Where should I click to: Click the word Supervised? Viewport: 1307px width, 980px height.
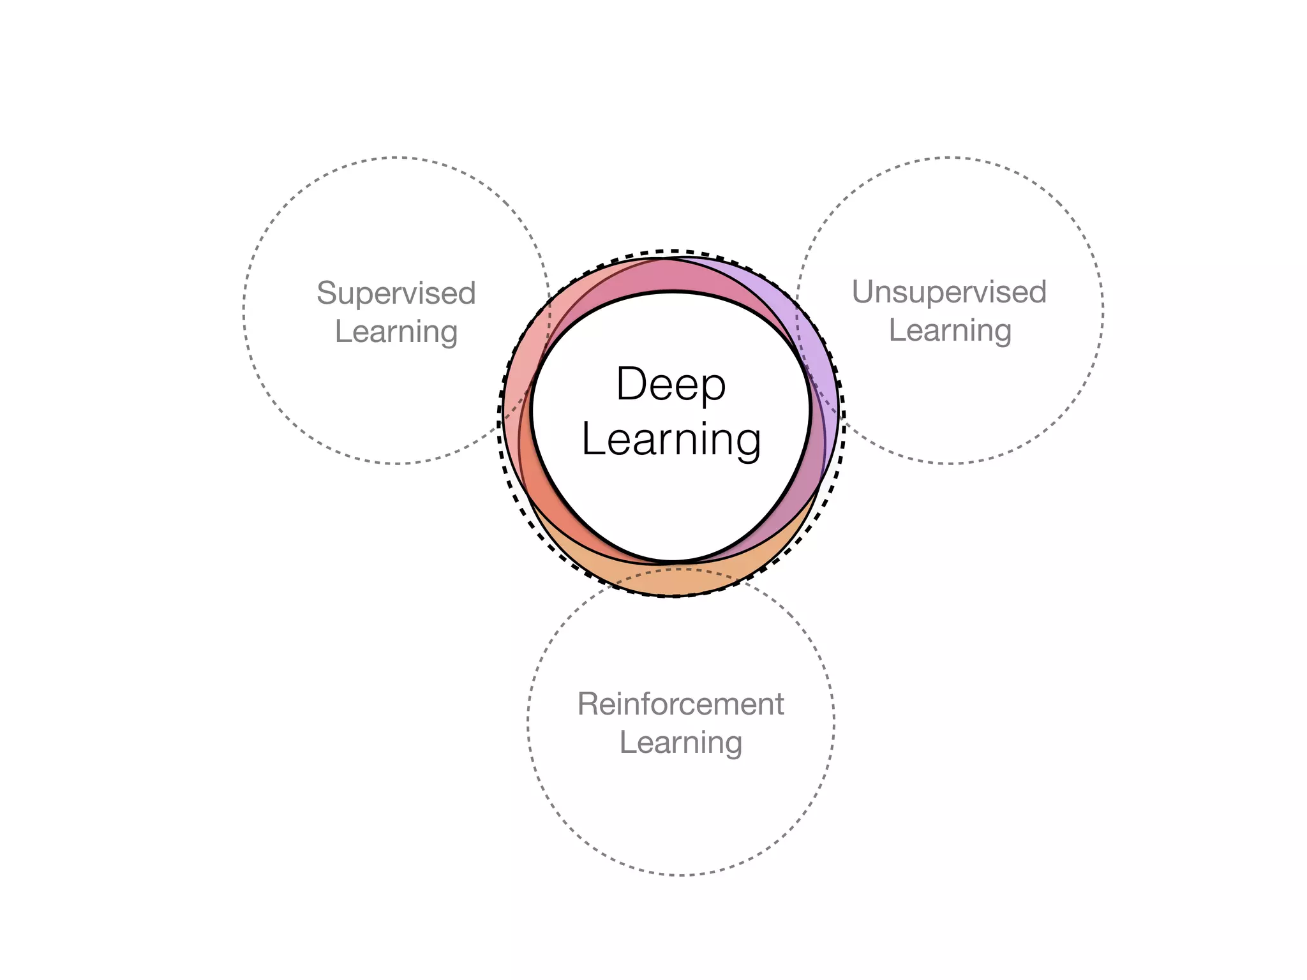[x=396, y=294]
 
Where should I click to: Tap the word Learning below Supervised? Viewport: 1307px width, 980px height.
[x=396, y=332]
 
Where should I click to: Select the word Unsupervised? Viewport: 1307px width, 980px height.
[x=949, y=293]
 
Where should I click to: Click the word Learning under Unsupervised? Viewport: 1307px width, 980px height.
[x=950, y=331]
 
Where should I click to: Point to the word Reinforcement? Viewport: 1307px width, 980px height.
[x=680, y=704]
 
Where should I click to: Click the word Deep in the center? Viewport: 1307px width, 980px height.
[x=671, y=385]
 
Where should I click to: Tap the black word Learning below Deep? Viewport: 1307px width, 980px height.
[x=671, y=440]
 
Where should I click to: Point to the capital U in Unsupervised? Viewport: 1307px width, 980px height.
[x=863, y=292]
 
